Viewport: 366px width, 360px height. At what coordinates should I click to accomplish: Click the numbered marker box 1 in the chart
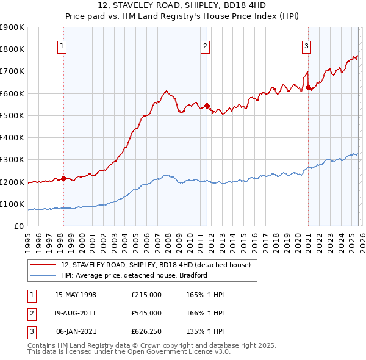click(x=63, y=45)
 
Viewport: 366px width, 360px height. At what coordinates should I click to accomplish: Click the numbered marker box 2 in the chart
click(x=206, y=45)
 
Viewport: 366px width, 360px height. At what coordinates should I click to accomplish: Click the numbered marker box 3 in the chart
click(x=306, y=45)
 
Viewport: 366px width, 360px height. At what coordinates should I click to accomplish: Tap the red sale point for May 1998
click(x=63, y=178)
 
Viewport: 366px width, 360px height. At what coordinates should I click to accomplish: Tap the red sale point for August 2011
click(x=207, y=106)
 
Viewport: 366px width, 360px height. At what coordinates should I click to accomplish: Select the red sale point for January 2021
click(x=308, y=87)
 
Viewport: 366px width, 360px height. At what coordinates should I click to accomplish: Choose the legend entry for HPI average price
click(x=134, y=275)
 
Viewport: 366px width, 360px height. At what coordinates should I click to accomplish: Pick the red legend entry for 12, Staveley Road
click(x=160, y=265)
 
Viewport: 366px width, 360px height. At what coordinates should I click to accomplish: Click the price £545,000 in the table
click(x=146, y=313)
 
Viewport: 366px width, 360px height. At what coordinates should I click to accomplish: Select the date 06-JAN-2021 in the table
click(x=76, y=332)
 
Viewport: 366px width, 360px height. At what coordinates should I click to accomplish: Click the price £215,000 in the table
click(x=146, y=294)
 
